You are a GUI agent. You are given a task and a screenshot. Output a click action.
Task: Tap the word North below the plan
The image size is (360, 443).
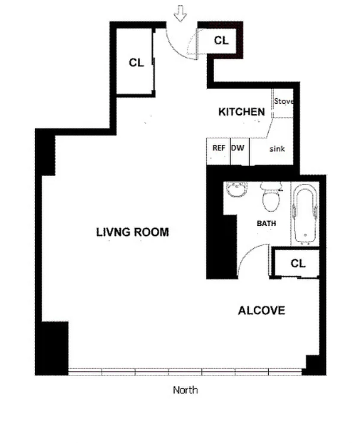(x=185, y=390)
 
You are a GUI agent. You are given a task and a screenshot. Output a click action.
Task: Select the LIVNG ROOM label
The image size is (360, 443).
(x=132, y=232)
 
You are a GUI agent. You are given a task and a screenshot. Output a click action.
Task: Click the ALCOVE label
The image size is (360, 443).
(x=261, y=311)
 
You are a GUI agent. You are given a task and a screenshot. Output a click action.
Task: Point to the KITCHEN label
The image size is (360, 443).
(x=241, y=112)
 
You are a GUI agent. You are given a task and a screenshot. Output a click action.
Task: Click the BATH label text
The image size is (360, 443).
(x=266, y=223)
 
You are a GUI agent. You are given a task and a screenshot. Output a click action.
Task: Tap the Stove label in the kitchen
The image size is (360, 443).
(x=283, y=101)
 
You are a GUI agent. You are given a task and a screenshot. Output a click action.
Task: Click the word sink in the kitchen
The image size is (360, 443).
(x=277, y=149)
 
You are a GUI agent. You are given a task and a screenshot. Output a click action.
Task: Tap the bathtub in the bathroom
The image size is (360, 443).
(x=305, y=213)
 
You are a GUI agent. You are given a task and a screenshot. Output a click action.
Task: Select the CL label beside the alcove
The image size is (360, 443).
(x=298, y=263)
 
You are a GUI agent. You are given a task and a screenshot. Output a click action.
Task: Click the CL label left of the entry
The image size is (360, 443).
(x=136, y=63)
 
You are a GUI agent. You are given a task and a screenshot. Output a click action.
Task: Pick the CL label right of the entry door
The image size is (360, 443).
(x=221, y=40)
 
